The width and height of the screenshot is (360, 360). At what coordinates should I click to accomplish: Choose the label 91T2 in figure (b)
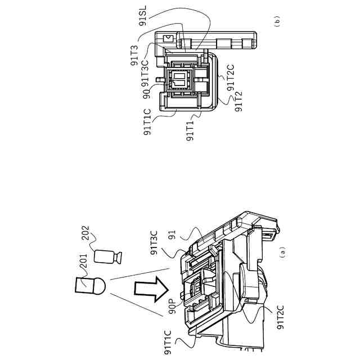[237, 102]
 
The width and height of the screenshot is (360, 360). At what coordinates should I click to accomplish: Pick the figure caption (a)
[282, 251]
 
